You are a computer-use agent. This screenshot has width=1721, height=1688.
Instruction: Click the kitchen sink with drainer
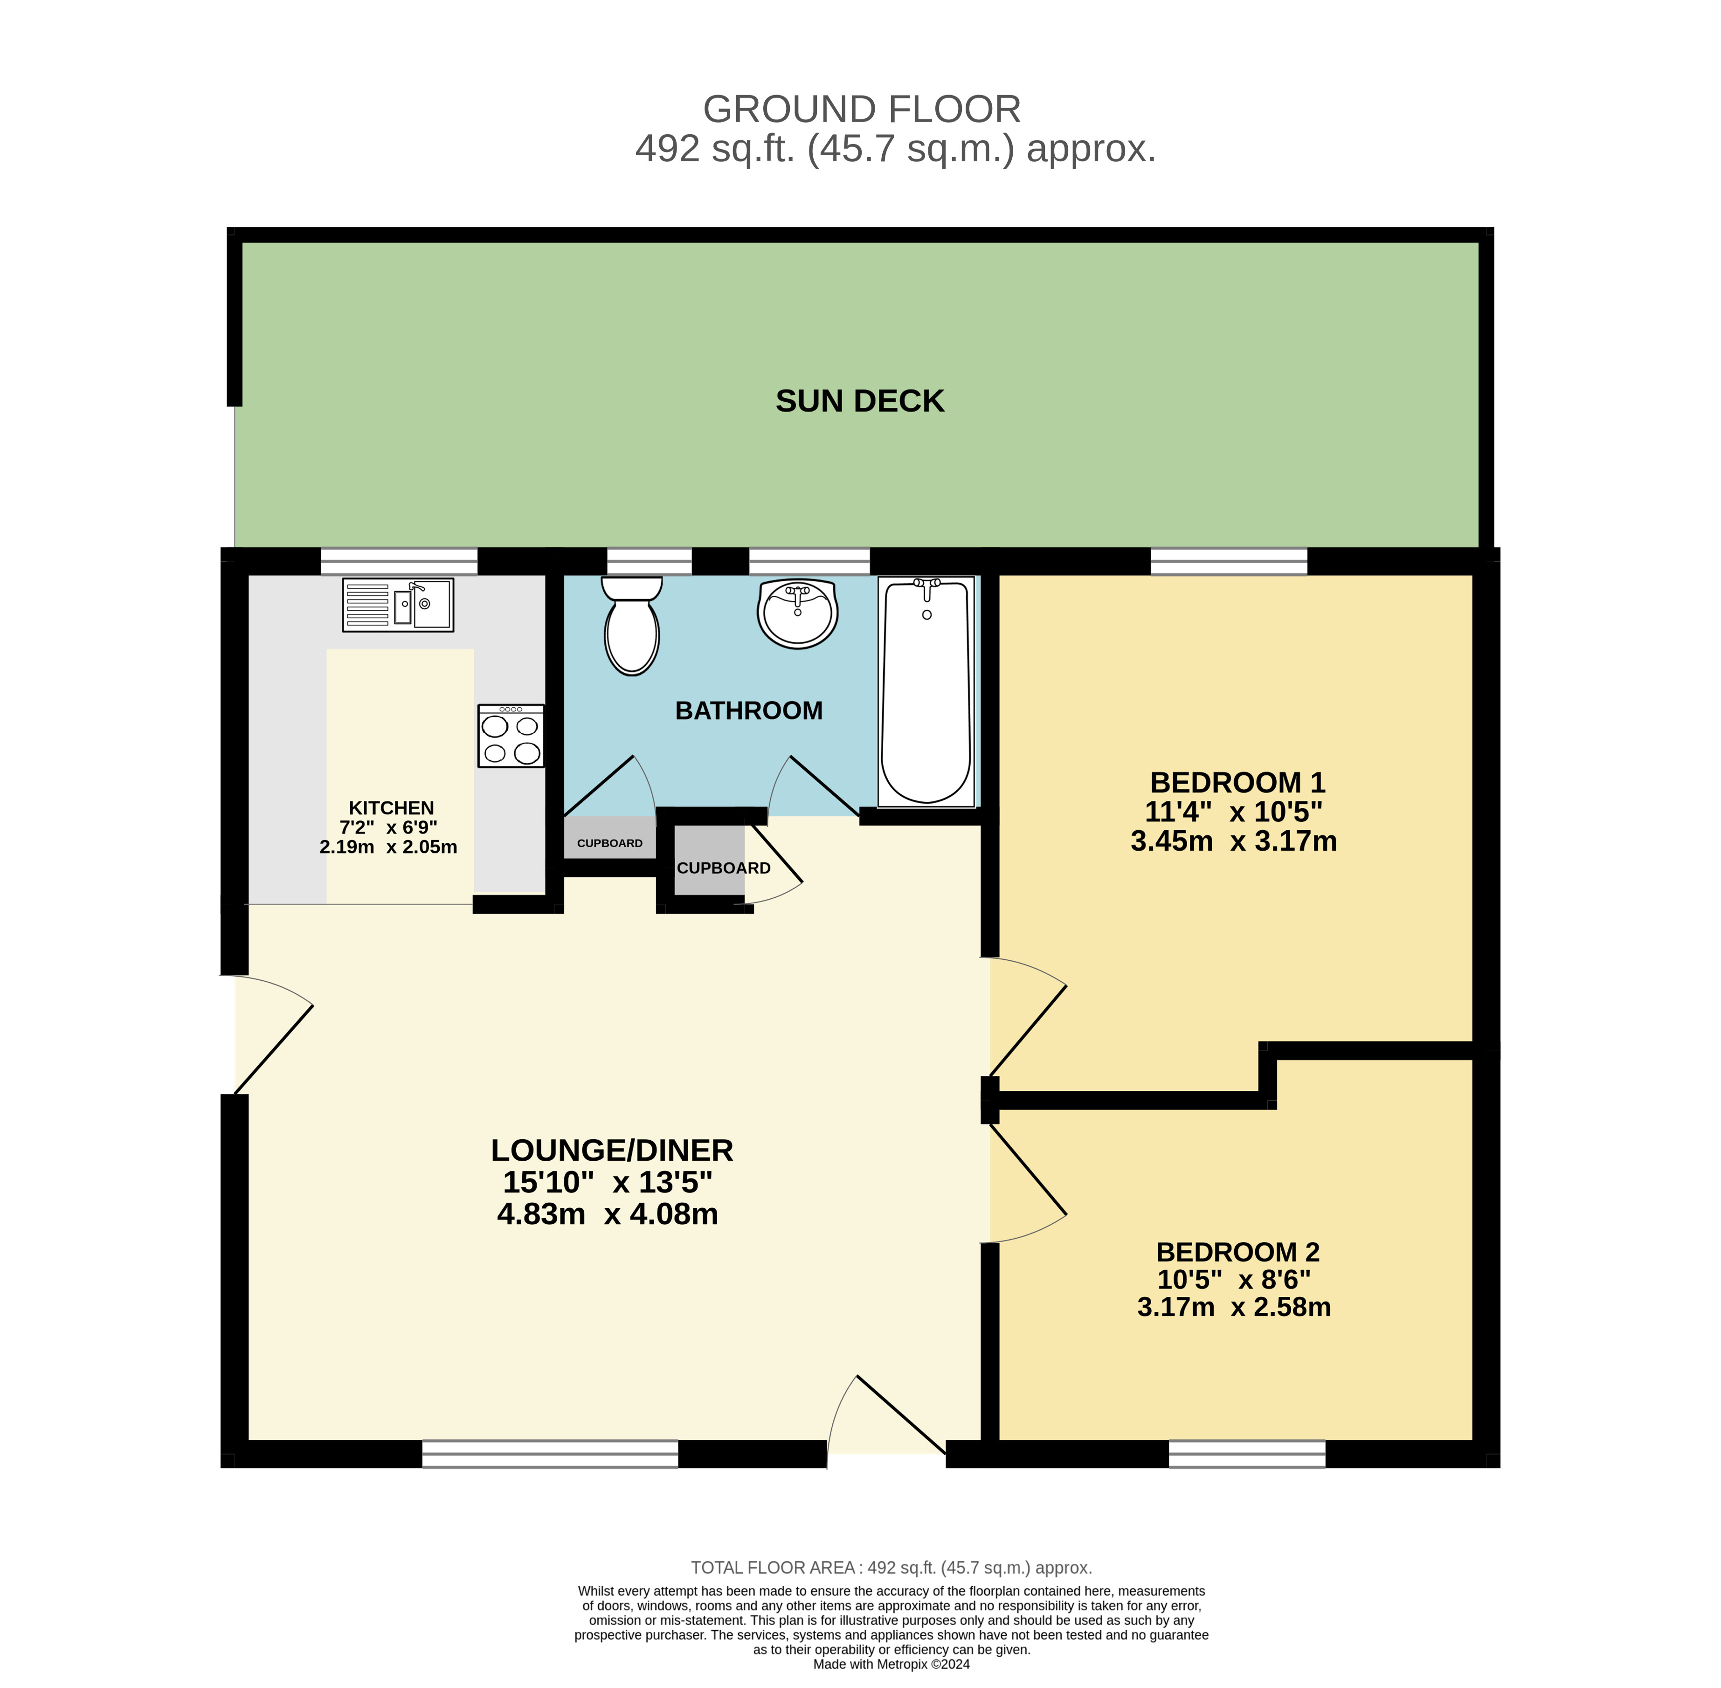pos(398,605)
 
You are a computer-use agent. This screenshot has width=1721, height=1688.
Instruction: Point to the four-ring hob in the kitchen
pos(511,736)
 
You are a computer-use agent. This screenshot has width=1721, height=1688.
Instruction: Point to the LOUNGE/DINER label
pos(612,1150)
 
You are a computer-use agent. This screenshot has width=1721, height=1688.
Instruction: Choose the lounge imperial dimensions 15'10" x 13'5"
pos(608,1182)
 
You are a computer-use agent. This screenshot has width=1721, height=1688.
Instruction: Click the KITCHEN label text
pos(391,808)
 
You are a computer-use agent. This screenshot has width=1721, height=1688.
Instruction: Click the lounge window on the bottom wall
pos(550,1454)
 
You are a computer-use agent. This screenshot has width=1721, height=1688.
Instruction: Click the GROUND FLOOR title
pos(862,109)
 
